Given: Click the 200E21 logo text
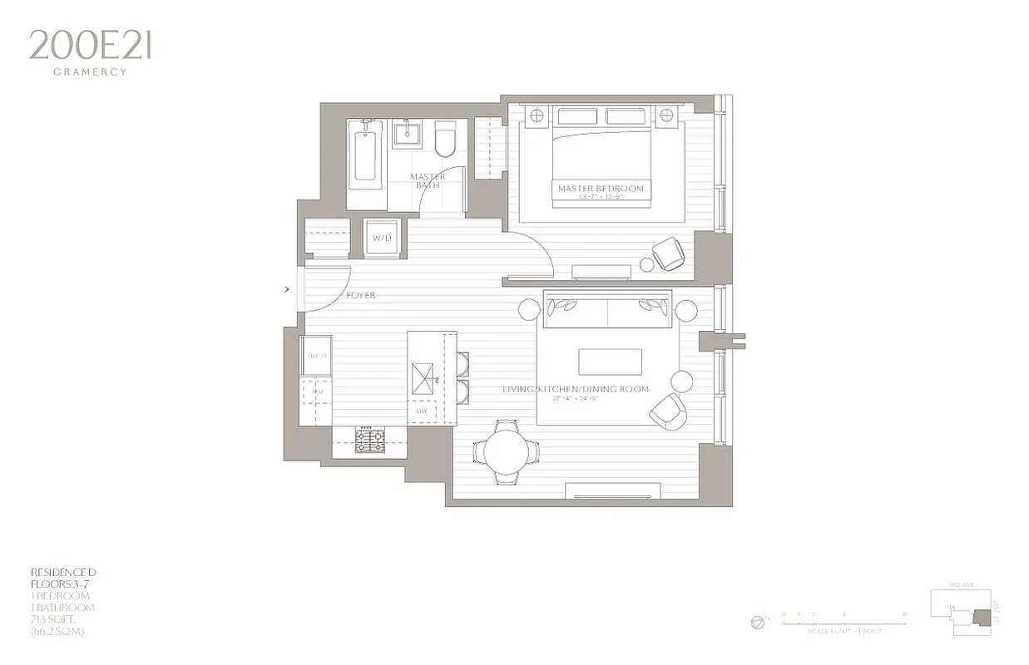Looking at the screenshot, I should pos(90,45).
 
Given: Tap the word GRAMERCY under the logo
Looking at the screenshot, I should pos(90,72).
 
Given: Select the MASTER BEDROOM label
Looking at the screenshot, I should pos(601,189).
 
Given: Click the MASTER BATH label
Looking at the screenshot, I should pos(428,180).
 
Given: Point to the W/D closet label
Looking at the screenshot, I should pos(382,239).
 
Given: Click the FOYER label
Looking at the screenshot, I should pos(361,295).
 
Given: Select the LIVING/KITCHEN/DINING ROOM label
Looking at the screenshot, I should pos(576,389).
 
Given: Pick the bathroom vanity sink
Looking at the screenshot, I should pos(408,133).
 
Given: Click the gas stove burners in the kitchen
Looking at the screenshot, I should pos(369,439).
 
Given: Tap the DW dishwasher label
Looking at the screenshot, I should pos(421,411).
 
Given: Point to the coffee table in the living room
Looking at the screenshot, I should pos(610,362).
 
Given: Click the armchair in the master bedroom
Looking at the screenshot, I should pos(669,254).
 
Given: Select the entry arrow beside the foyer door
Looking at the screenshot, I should pos(288,289).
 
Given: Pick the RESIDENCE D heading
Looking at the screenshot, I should pos(63,572).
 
